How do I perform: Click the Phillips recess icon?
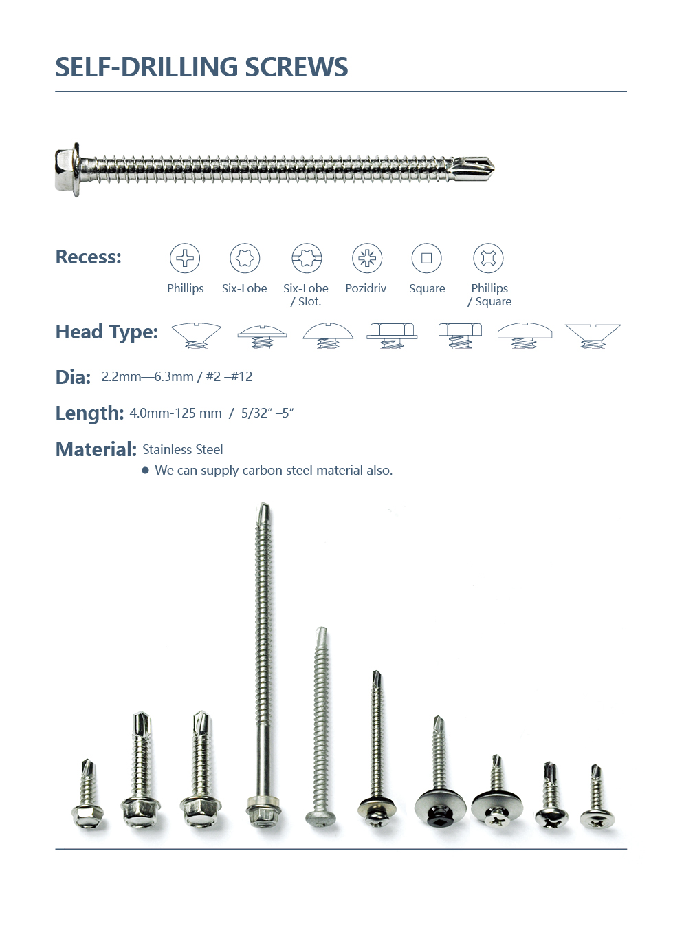pos(185,258)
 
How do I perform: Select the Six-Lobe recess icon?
pos(245,258)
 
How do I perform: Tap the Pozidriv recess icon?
pos(367,258)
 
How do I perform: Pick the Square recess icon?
pos(426,258)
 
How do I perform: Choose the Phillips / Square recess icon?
pos(488,258)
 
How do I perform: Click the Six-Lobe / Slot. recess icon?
pos(307,258)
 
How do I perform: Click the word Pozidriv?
pos(366,288)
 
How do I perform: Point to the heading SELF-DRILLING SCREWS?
pos(201,67)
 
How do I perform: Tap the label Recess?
pos(88,257)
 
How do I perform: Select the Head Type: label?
pos(107,332)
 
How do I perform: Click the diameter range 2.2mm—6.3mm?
pos(147,376)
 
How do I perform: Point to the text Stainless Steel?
pos(183,449)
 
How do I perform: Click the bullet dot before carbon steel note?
pos(145,471)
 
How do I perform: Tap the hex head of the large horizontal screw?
pos(67,170)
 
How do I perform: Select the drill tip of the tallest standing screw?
pos(264,512)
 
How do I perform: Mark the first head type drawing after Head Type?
pos(196,335)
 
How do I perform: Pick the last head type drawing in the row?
pos(593,335)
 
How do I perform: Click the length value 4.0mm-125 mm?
pos(175,413)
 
